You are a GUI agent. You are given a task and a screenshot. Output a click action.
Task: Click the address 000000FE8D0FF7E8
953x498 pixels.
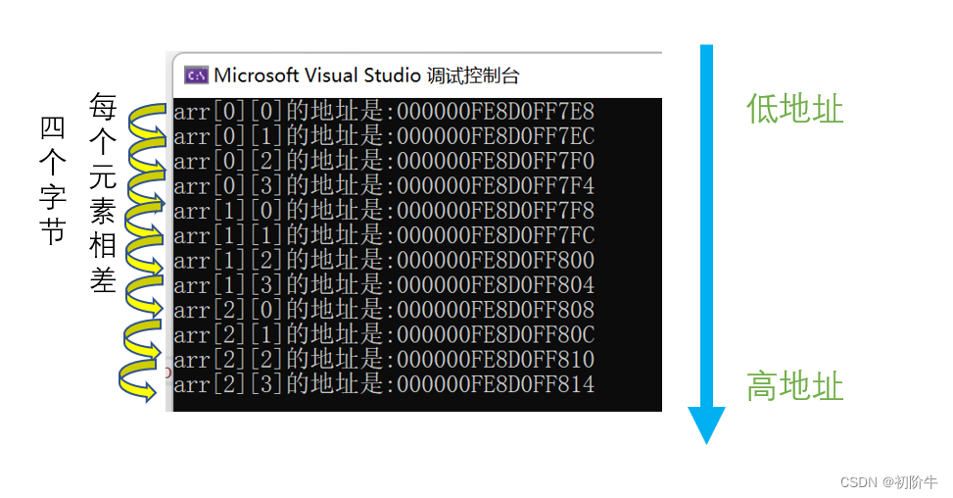(496, 112)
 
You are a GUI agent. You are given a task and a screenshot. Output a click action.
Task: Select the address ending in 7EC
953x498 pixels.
(496, 136)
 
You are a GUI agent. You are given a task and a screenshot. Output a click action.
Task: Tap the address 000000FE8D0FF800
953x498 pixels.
(496, 260)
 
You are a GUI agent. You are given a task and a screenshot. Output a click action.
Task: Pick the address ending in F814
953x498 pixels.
(496, 384)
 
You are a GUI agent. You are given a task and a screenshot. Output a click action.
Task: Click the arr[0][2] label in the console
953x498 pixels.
(228, 161)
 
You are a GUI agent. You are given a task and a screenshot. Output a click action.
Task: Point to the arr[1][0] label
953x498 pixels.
(228, 211)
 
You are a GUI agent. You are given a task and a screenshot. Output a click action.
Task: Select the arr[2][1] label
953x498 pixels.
(228, 335)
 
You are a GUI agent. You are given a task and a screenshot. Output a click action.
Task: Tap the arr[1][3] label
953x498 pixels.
(228, 285)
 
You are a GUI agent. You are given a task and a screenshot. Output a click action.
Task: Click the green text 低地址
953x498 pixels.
(795, 110)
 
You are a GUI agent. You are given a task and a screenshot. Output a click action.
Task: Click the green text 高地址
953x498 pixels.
(795, 386)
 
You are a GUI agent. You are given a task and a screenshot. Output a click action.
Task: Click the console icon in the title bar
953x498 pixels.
(196, 75)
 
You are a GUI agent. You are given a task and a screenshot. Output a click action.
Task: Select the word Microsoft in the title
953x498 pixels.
(257, 75)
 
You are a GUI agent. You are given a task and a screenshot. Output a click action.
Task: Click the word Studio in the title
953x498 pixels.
(393, 75)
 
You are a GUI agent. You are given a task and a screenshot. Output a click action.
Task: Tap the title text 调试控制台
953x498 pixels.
(473, 76)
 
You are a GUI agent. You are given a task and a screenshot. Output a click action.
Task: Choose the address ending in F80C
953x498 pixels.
(496, 334)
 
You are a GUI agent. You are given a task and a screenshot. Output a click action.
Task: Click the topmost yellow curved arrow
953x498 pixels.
(147, 123)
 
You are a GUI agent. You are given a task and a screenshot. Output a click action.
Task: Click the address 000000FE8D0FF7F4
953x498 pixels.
(496, 186)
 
